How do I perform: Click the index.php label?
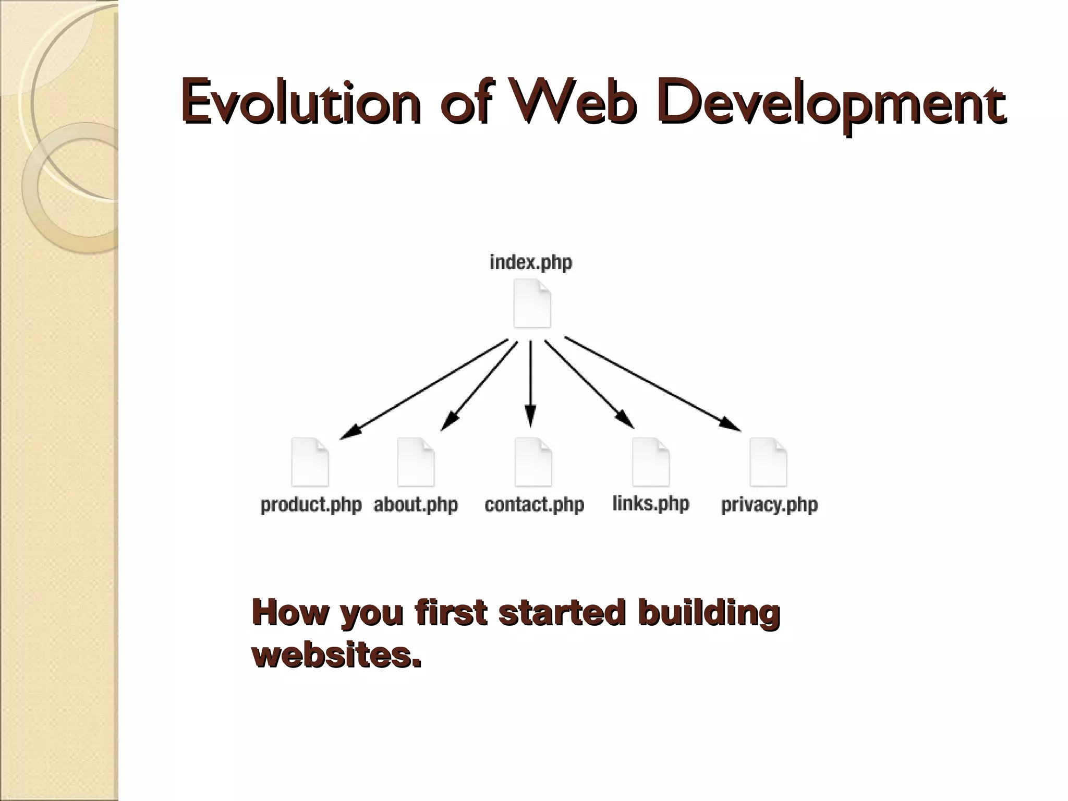(531, 262)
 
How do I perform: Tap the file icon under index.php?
(532, 304)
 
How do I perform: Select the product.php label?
(311, 505)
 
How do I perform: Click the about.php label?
(416, 505)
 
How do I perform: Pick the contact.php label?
(534, 505)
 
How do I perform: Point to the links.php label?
(651, 504)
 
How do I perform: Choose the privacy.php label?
(769, 505)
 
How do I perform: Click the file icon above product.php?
(310, 462)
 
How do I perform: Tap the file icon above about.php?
(416, 462)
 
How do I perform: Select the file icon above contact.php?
(533, 462)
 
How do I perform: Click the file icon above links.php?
(650, 462)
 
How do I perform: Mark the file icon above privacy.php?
(768, 462)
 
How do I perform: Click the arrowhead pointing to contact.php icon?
(530, 417)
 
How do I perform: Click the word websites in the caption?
(336, 656)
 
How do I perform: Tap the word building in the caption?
(709, 613)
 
